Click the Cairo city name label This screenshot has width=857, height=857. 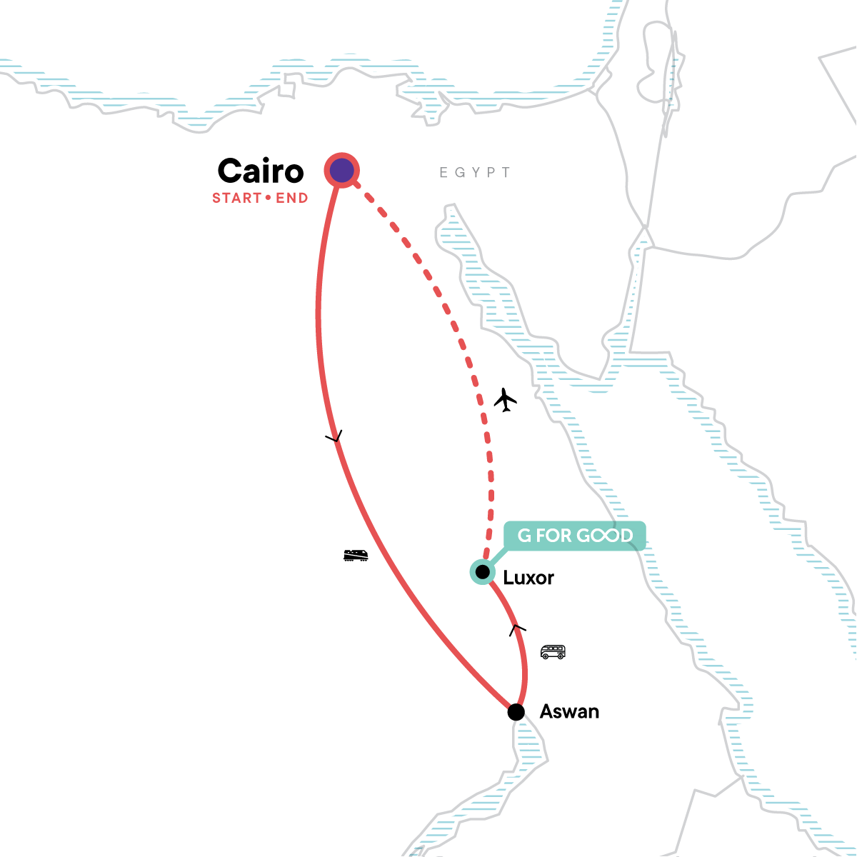pos(261,171)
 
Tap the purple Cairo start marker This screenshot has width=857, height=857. pos(341,171)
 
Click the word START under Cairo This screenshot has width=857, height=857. pos(236,198)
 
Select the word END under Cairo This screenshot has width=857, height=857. pos(291,198)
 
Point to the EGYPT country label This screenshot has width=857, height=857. pos(475,172)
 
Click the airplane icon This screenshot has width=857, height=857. pos(505,400)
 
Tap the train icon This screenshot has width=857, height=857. pos(356,555)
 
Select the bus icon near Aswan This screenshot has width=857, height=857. pos(553,651)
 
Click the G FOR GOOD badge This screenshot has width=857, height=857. pos(575,536)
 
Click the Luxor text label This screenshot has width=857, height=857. pos(528,577)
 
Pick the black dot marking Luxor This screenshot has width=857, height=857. pos(483,572)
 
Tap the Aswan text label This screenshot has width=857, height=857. pos(569,711)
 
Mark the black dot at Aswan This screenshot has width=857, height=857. pos(516,712)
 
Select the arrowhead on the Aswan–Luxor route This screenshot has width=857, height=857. pos(517,628)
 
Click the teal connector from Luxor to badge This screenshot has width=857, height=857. pos(498,558)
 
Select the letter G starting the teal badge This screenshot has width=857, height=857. pos(524,536)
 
